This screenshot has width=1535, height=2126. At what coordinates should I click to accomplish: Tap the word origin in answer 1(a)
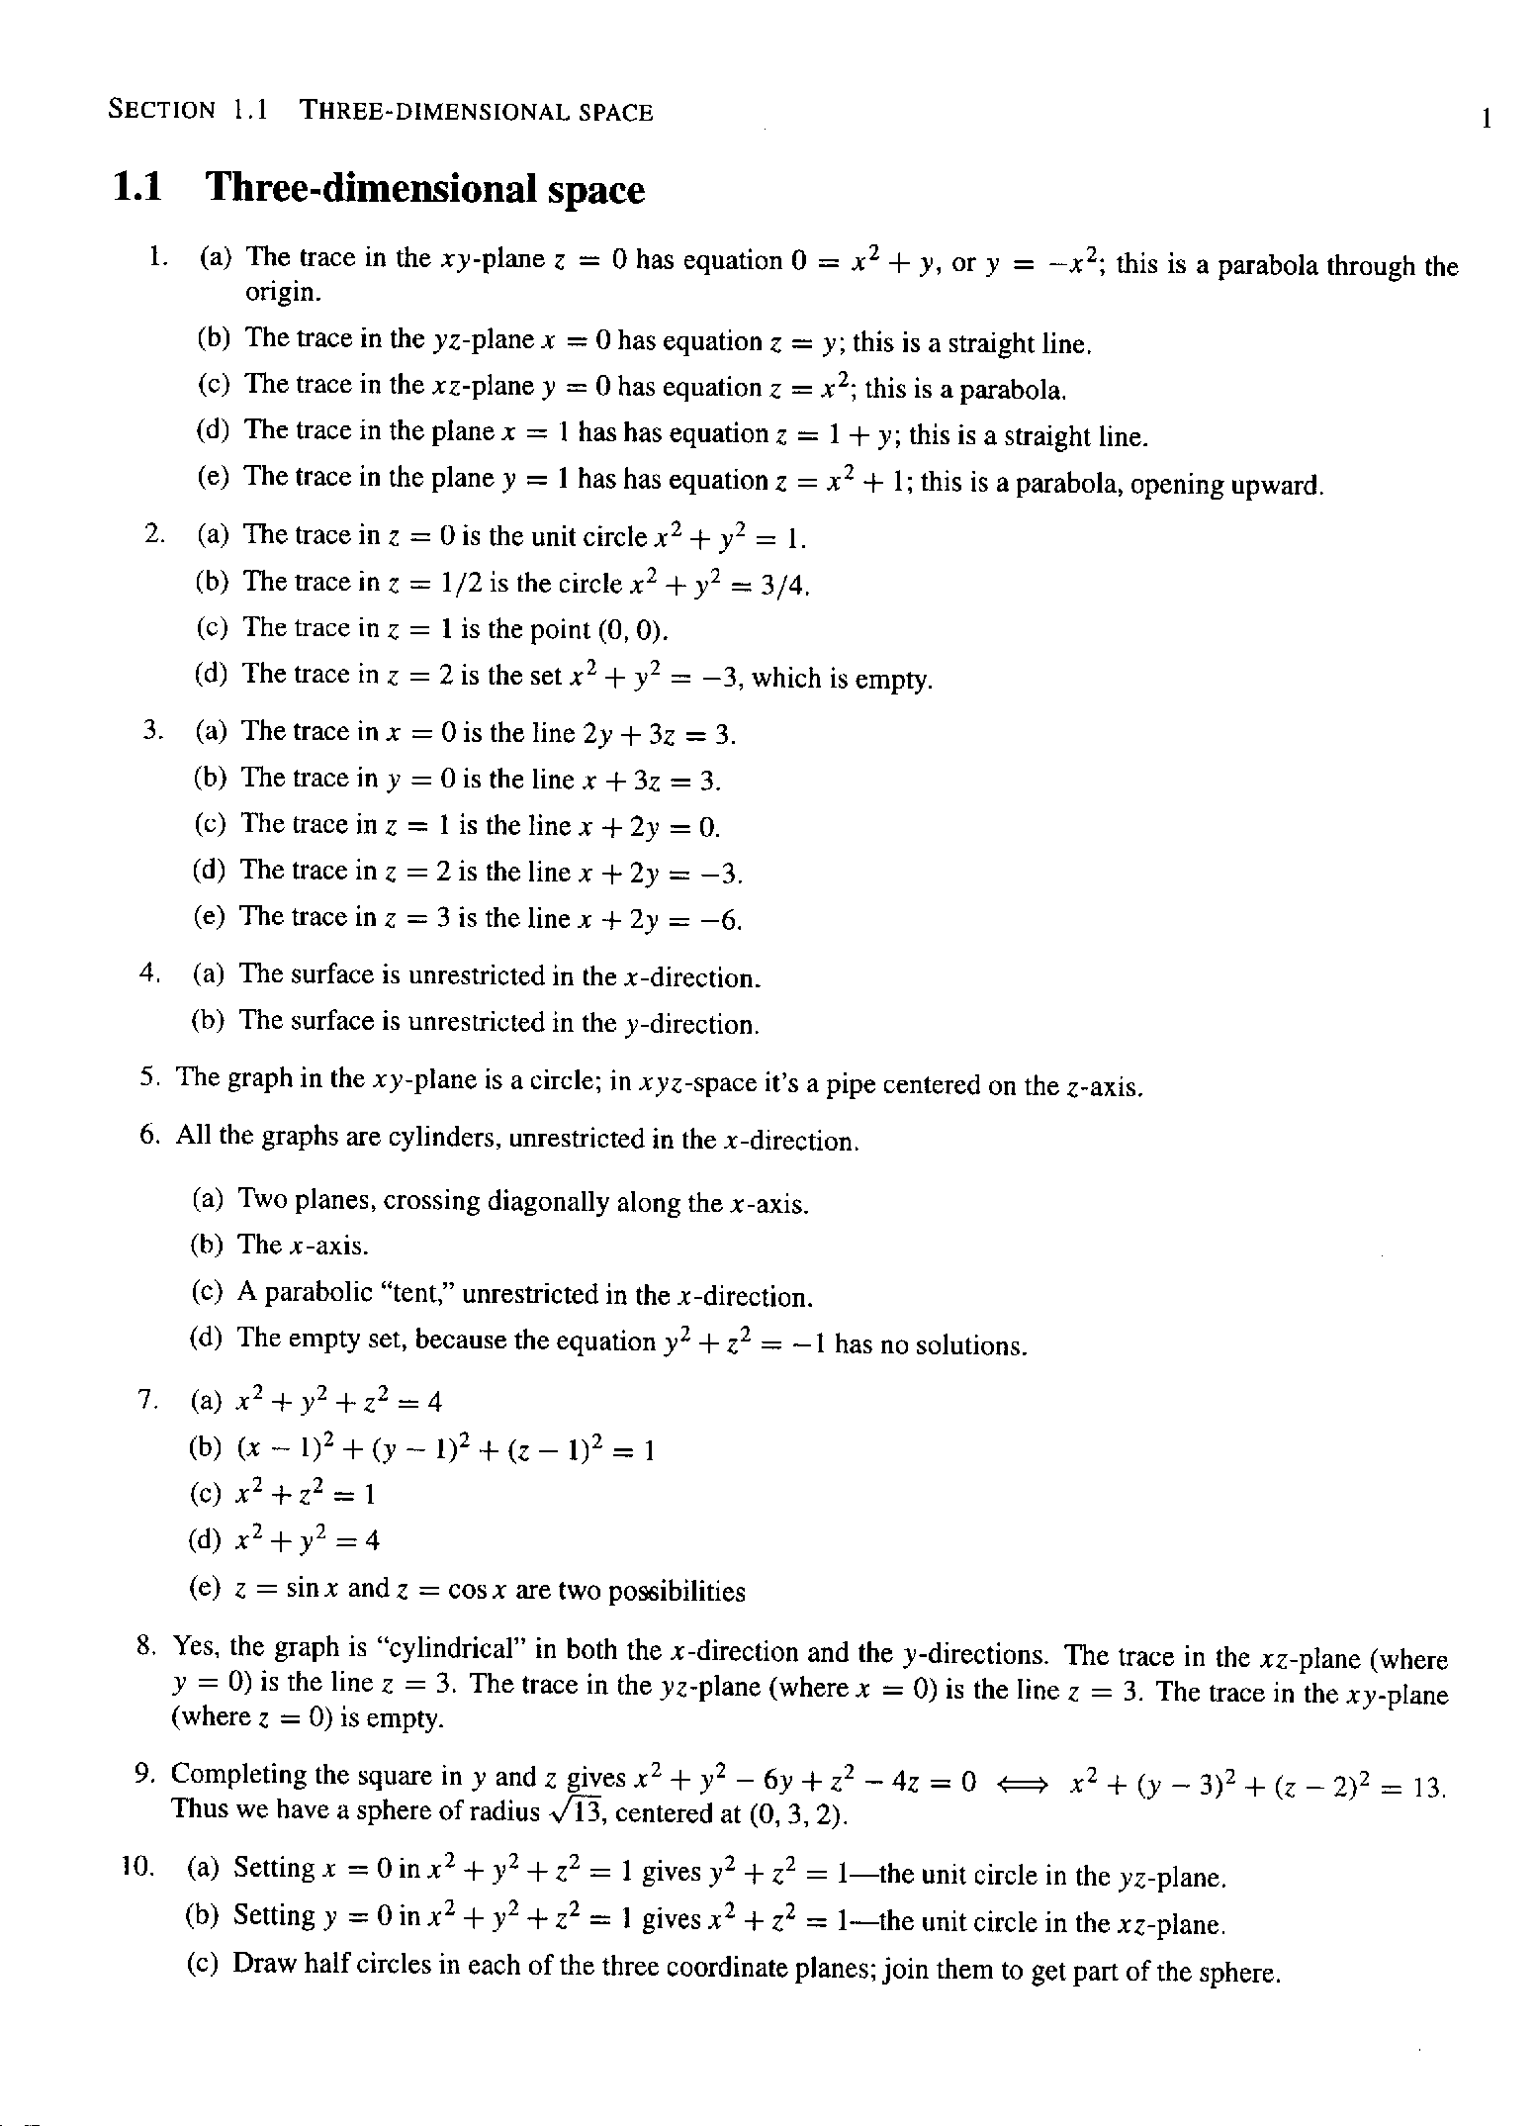tap(282, 294)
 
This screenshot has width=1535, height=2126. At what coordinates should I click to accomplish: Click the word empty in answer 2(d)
tap(892, 681)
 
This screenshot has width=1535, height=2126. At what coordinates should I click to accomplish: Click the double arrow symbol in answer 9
tap(1024, 1785)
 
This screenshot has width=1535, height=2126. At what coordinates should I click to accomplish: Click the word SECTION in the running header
tap(161, 110)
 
